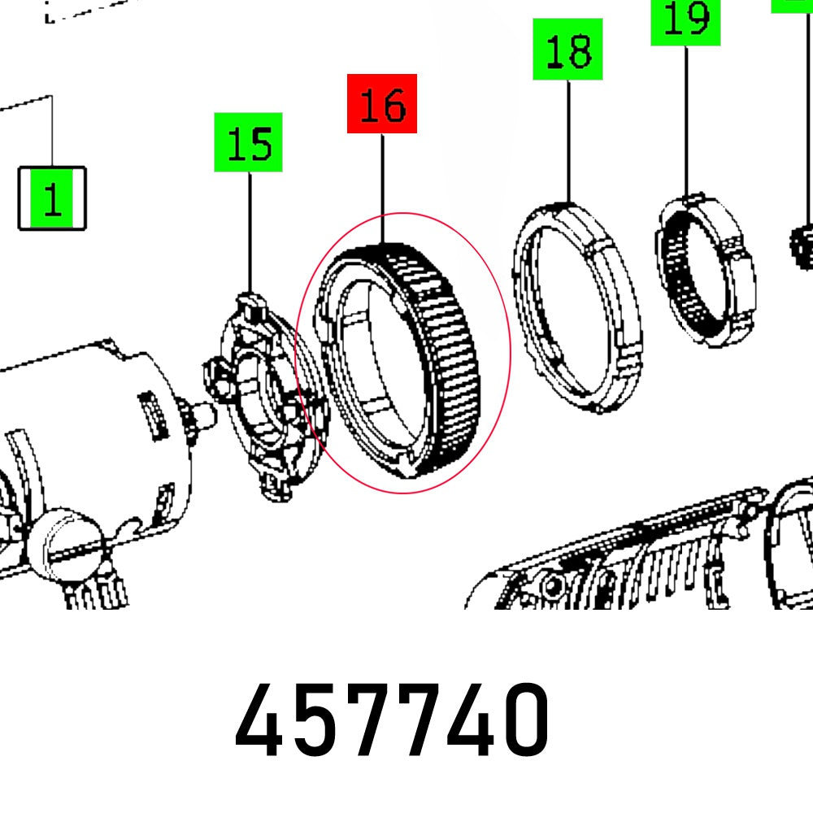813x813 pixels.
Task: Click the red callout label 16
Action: (x=382, y=104)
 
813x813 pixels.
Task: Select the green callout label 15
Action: (x=248, y=142)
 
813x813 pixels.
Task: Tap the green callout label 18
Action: (x=567, y=50)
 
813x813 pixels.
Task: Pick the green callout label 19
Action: (x=685, y=21)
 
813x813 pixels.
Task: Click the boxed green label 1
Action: (x=52, y=198)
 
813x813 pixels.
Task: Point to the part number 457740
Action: (x=392, y=720)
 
